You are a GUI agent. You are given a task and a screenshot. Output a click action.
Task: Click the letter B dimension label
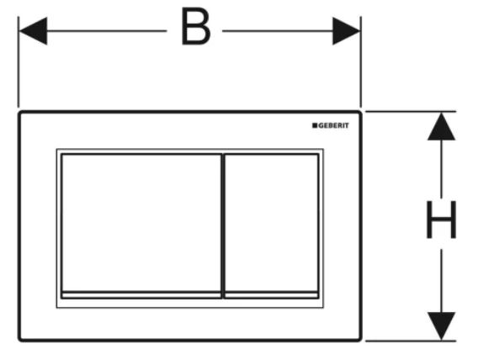point(196,26)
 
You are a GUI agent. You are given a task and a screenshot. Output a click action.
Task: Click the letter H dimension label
point(441,220)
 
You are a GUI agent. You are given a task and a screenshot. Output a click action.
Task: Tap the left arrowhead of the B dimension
point(33,31)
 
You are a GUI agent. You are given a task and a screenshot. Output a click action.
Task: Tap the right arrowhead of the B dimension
point(347,31)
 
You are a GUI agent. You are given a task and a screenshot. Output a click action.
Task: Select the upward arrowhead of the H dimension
point(441,126)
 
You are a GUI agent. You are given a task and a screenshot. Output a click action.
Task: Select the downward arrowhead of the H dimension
point(441,326)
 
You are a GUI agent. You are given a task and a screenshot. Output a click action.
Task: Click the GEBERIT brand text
point(333,125)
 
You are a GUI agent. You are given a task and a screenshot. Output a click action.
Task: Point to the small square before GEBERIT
point(315,125)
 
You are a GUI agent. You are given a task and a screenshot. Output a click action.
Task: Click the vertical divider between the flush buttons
point(223,226)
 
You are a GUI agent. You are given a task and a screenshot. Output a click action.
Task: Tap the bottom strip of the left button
point(141,295)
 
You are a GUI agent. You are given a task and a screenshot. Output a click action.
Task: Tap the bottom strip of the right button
point(271,295)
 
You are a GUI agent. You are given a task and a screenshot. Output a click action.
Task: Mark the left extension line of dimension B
point(19,61)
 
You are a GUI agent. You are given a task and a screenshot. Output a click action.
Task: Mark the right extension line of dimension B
point(361,61)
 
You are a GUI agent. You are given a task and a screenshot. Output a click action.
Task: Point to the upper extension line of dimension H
point(411,111)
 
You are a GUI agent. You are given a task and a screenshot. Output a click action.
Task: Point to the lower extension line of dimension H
point(411,341)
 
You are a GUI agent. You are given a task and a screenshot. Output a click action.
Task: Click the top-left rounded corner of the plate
point(20,113)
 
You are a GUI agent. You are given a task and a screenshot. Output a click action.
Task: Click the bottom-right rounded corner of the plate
point(359,339)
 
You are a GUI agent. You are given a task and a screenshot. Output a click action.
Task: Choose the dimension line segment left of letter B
point(107,31)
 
